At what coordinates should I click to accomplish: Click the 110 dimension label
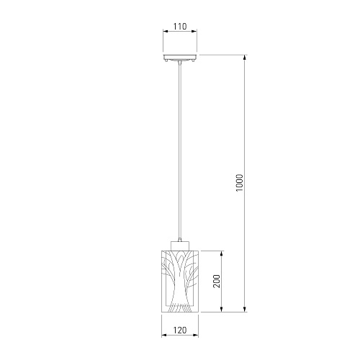click(x=180, y=26)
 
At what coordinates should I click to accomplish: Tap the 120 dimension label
click(x=180, y=330)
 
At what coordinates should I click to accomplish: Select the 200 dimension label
click(x=217, y=282)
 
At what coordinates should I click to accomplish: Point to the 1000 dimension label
click(x=240, y=183)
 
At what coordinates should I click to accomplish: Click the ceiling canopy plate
click(x=180, y=57)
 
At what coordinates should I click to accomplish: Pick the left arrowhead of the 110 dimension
click(x=166, y=31)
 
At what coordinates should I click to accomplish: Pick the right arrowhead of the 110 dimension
click(x=194, y=31)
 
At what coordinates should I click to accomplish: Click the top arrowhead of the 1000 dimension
click(x=245, y=58)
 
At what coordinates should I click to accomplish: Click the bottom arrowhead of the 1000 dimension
click(x=245, y=310)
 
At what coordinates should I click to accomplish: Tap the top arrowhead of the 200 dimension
click(x=222, y=253)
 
